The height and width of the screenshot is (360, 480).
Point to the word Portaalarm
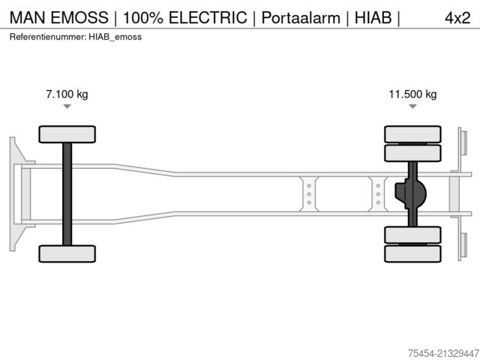click(x=298, y=18)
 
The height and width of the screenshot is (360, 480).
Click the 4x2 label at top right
click(x=457, y=18)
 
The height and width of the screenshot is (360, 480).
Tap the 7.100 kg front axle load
click(x=67, y=94)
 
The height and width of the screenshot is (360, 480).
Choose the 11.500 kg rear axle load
click(x=412, y=94)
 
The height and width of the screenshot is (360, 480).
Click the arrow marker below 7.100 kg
click(x=67, y=106)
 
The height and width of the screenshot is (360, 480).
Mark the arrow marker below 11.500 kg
click(x=412, y=106)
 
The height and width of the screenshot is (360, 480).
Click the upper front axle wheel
click(x=67, y=134)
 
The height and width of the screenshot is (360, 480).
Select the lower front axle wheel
click(x=67, y=253)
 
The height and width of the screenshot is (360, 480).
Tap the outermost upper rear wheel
click(x=412, y=134)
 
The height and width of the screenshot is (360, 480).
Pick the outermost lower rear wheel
click(x=412, y=254)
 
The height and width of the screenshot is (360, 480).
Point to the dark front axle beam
click(x=67, y=194)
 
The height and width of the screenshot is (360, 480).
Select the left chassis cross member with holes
click(x=308, y=194)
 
